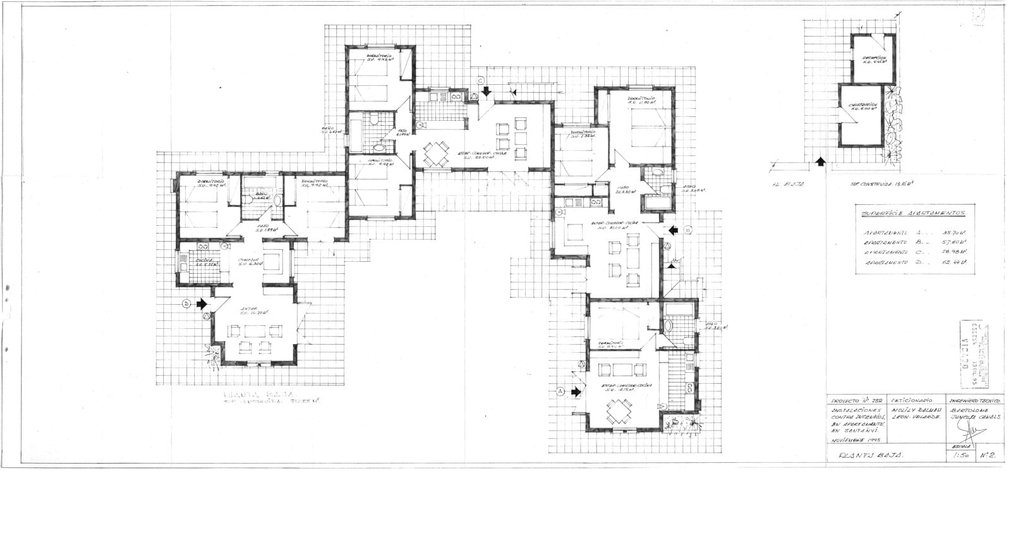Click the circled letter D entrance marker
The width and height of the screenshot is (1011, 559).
coord(186,304)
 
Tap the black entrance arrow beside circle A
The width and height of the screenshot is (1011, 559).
coord(575,392)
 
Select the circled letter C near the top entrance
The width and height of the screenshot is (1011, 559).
coord(480,80)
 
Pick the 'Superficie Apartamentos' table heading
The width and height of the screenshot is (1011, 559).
coord(913,214)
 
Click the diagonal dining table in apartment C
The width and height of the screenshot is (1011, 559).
coord(434,154)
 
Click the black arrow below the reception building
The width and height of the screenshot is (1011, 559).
coord(820,162)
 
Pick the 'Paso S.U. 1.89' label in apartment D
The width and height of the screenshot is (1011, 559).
coord(263,228)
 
